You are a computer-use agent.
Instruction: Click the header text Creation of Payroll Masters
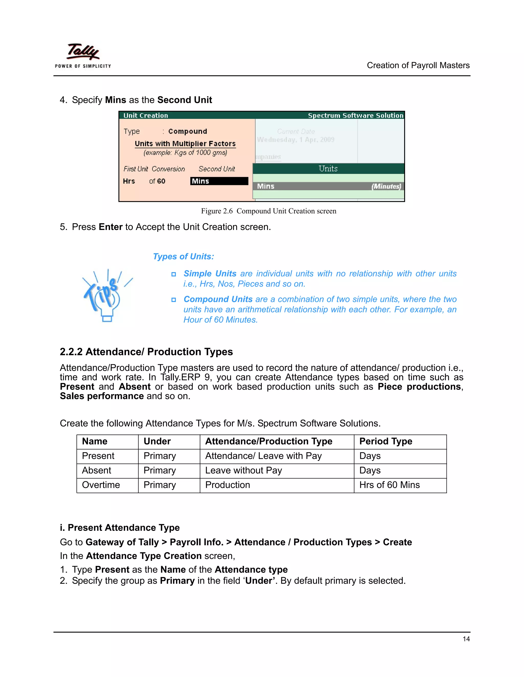(x=418, y=65)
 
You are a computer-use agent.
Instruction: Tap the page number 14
(x=466, y=639)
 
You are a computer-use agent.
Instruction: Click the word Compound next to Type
(x=188, y=131)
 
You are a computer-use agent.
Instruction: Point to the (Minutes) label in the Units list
(x=386, y=186)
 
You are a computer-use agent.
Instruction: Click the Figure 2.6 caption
(x=268, y=211)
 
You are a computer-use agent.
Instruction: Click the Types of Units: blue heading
(x=183, y=257)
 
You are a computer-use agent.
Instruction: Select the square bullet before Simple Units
(x=174, y=274)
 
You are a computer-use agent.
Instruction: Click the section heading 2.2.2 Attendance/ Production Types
(x=146, y=352)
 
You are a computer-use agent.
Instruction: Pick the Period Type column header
(x=386, y=441)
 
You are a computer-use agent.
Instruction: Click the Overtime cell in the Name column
(x=101, y=485)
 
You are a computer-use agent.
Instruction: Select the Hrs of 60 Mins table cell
(x=389, y=485)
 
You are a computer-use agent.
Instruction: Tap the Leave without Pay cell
(x=243, y=471)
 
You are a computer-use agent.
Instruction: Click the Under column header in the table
(x=157, y=441)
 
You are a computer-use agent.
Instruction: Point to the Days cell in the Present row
(x=370, y=456)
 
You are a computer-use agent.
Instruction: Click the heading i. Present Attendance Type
(x=120, y=528)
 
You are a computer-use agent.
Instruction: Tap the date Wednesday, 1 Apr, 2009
(x=296, y=140)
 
